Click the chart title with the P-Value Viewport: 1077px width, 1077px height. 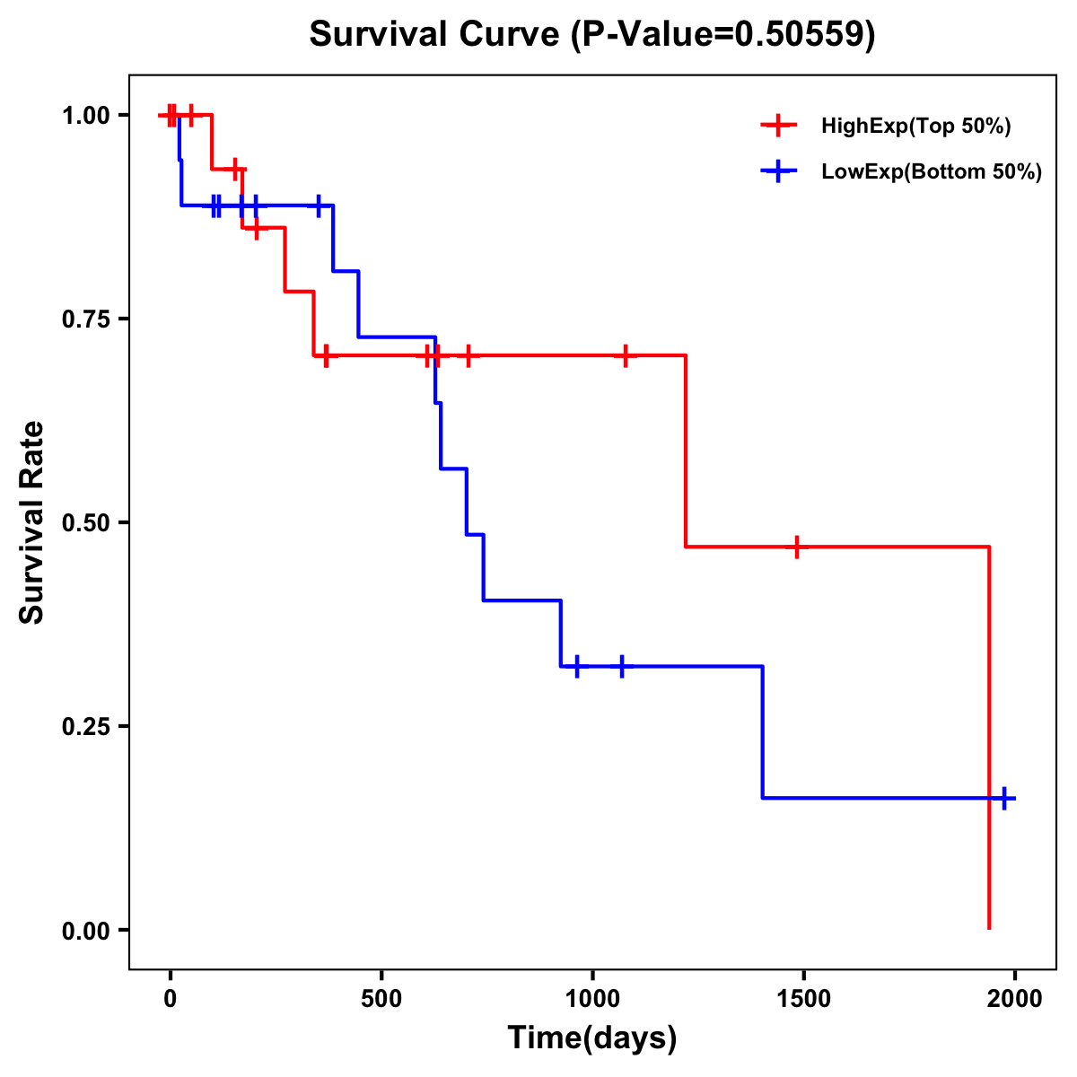click(592, 35)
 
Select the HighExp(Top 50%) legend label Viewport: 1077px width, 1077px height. click(915, 127)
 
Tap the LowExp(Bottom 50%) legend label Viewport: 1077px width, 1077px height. click(931, 172)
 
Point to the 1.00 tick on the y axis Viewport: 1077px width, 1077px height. click(85, 115)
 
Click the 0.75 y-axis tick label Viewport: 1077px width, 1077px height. click(85, 319)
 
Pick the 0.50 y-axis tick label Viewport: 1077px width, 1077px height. click(85, 522)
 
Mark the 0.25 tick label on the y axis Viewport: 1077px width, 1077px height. click(85, 726)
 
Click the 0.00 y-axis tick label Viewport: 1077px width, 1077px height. click(85, 930)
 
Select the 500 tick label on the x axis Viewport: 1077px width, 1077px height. click(381, 998)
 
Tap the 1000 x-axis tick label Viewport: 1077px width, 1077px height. click(592, 998)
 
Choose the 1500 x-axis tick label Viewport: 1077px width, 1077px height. click(803, 998)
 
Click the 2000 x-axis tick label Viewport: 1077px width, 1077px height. click(1014, 998)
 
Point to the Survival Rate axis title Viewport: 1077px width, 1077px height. click(33, 522)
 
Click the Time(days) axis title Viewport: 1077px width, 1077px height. click(592, 1038)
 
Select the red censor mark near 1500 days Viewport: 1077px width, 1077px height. click(796, 547)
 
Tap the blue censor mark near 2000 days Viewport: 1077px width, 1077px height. click(1004, 798)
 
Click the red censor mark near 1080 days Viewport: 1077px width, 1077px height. click(626, 355)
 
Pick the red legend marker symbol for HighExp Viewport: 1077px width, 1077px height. click(778, 127)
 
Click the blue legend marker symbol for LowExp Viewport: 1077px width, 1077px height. click(778, 172)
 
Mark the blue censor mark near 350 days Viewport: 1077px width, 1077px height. click(319, 206)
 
